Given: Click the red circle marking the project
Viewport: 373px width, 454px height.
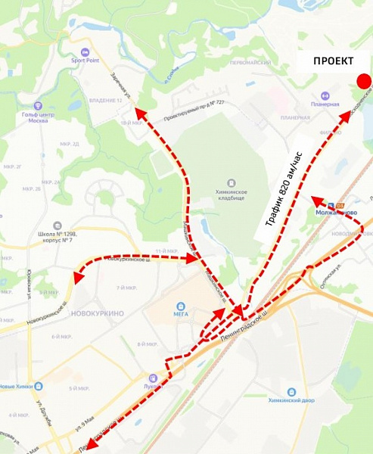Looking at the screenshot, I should (x=364, y=82).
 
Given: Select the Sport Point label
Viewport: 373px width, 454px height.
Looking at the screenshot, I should (x=85, y=61).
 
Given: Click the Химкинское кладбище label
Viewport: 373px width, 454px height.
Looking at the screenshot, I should (x=231, y=190).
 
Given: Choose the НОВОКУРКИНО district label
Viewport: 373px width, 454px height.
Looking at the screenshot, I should (x=96, y=313).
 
